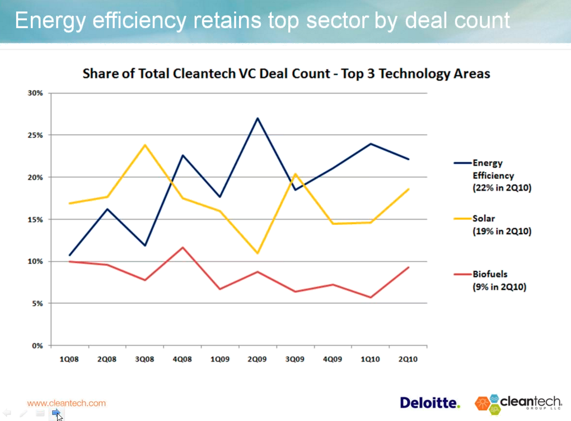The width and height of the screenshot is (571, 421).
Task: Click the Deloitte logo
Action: point(429,403)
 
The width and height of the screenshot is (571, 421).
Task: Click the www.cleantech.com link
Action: point(67,403)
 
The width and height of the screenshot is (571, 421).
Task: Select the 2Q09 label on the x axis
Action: point(257,359)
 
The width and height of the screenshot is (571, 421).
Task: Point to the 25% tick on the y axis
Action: point(35,135)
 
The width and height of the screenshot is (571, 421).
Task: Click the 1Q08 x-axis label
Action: point(69,359)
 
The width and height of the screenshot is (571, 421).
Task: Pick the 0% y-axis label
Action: point(37,346)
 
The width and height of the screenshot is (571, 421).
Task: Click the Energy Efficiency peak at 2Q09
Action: point(257,118)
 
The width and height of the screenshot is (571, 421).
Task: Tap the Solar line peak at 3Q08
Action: point(145,145)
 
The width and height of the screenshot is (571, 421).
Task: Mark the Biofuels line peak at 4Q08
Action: point(182,247)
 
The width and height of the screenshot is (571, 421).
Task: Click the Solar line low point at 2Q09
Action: point(257,253)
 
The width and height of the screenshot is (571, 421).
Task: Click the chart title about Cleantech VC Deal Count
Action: point(286,73)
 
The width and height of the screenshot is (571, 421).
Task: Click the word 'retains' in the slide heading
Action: point(224,20)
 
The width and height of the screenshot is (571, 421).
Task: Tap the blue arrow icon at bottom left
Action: point(56,413)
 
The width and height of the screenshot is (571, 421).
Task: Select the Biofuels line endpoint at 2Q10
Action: point(408,267)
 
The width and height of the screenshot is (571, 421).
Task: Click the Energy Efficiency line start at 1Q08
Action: point(69,255)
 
